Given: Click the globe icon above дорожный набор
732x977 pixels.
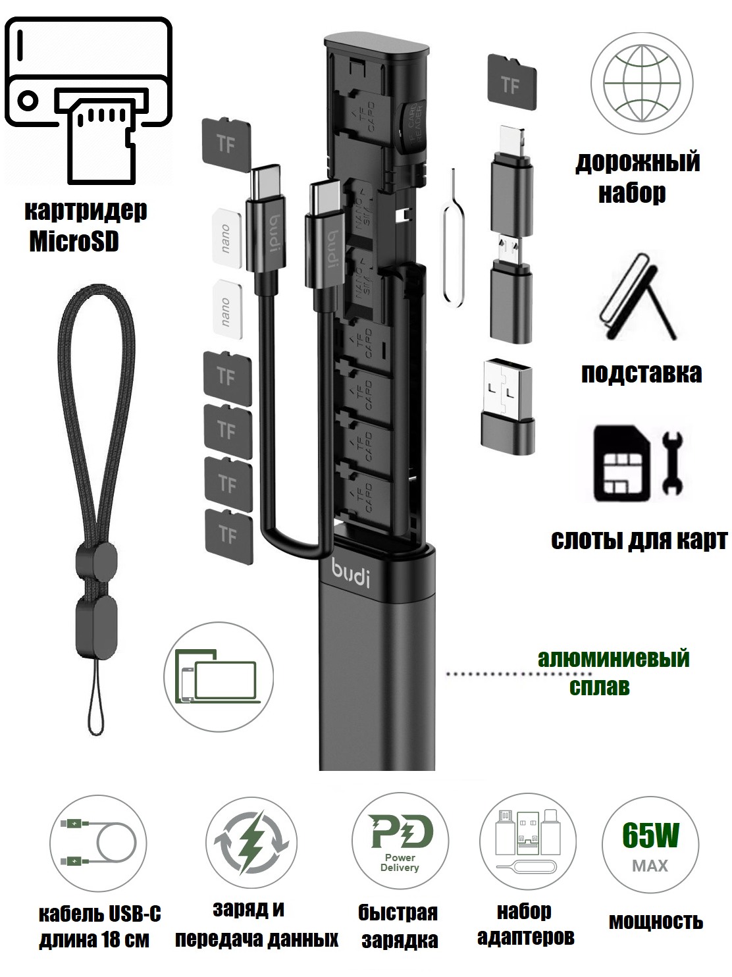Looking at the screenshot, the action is click(x=641, y=84).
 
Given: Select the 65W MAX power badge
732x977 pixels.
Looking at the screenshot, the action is click(x=650, y=845).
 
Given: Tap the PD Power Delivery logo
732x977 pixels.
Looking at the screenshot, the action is click(x=400, y=842).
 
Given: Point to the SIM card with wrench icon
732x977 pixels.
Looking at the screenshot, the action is click(x=638, y=463).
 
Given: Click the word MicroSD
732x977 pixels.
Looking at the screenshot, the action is click(x=74, y=241).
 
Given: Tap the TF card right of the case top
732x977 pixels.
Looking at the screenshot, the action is click(x=511, y=82).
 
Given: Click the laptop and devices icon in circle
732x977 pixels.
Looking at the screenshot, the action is click(x=219, y=677).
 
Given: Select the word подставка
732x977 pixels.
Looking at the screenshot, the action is click(x=641, y=373).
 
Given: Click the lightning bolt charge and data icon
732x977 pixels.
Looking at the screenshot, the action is click(x=251, y=842).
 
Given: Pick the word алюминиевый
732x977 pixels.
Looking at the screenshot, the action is click(x=614, y=658).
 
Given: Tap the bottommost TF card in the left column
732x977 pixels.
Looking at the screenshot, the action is click(x=228, y=536).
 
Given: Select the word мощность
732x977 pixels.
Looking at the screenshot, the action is click(x=656, y=921).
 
